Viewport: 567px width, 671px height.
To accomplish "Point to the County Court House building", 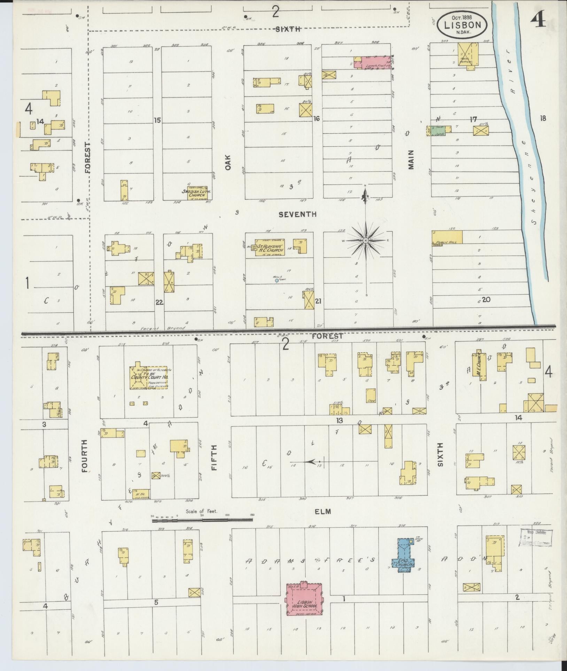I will tap(148, 377).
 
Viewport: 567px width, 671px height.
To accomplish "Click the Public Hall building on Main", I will tap(448, 237).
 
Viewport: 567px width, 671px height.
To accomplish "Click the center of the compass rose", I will tap(366, 241).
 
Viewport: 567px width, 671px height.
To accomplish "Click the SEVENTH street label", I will tap(297, 214).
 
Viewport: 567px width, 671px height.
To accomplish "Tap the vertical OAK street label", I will tap(228, 162).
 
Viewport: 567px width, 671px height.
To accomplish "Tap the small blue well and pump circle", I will tap(277, 280).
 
